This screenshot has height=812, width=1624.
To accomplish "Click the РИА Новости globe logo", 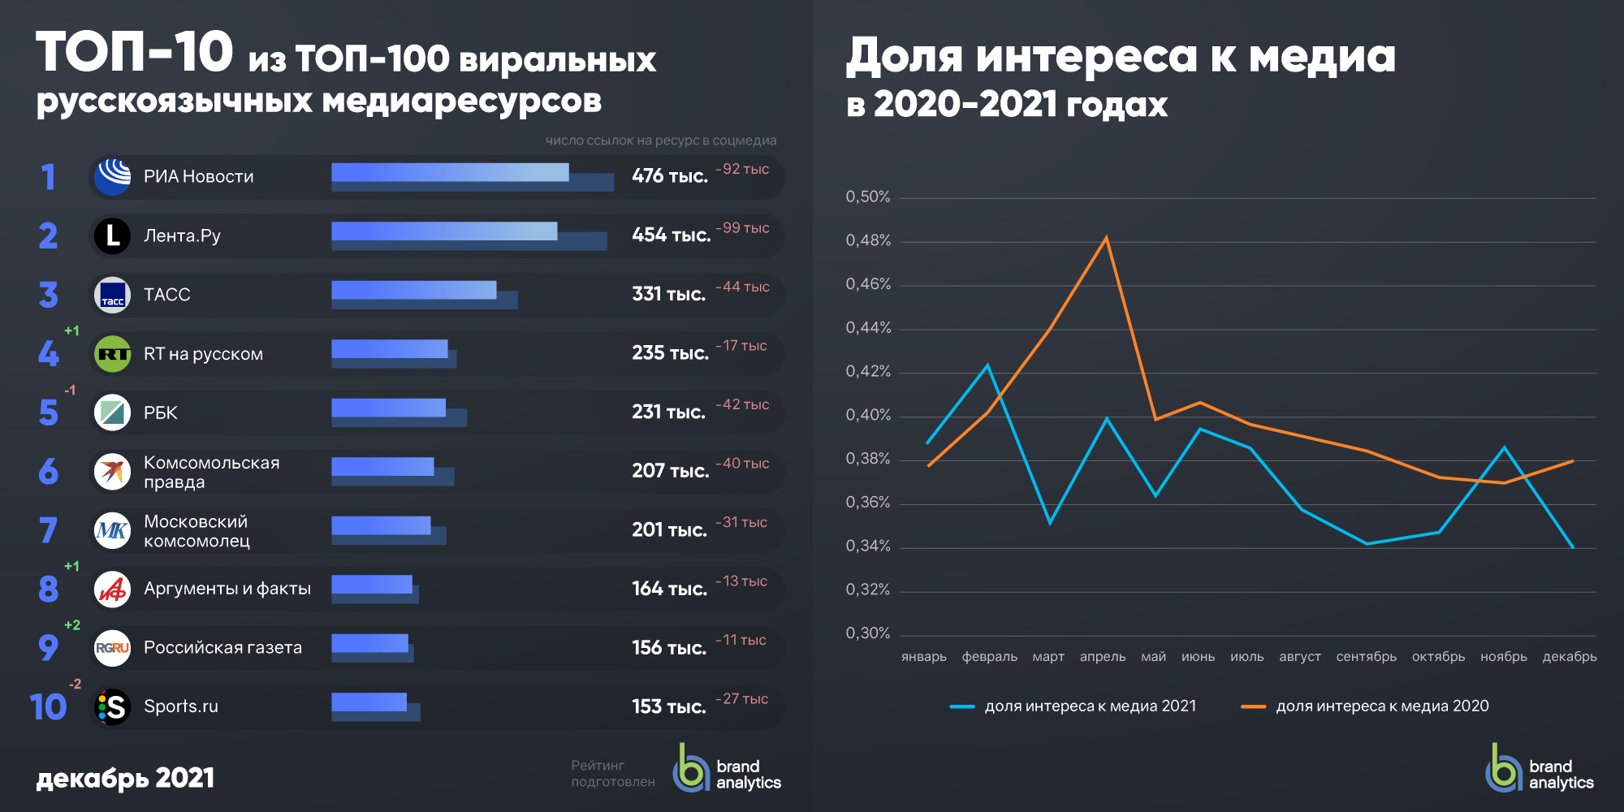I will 112,176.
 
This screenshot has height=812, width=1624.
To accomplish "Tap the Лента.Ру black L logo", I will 112,235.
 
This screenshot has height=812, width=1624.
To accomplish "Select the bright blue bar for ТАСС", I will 413,290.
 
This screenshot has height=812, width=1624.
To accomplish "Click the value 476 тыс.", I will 669,176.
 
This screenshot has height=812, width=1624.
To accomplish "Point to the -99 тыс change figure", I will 742,228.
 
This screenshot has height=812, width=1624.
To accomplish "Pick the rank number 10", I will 48,706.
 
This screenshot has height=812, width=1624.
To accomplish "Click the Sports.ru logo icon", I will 112,706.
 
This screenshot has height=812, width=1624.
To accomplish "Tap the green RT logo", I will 112,354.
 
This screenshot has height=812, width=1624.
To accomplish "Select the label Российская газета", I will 222,648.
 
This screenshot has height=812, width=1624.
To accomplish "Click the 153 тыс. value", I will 668,706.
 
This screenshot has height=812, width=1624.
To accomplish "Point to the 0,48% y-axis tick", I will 868,240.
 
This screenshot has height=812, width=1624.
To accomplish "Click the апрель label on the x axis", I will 1103,657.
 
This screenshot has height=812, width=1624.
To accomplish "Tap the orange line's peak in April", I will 1106,238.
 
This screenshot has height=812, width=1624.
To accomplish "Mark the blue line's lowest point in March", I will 1050,522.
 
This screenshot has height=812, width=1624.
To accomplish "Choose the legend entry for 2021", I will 1073,706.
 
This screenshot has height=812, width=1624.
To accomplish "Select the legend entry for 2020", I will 1365,706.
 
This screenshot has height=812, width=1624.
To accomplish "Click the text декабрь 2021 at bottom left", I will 125,778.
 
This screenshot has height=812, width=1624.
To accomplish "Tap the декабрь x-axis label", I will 1570,657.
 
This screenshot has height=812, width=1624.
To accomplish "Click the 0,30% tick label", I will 868,633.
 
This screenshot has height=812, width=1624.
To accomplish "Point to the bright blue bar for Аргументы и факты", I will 371,585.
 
